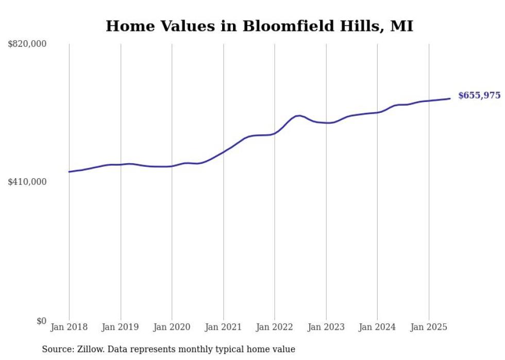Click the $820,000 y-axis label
coord(27,44)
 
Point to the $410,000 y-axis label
coord(27,182)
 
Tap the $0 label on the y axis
coord(41,321)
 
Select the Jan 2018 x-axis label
coord(69,327)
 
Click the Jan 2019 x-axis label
coord(121,327)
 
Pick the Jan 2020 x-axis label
coord(172,327)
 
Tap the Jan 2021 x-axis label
coord(223,327)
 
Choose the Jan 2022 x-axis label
coord(275,327)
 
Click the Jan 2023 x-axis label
coord(326,327)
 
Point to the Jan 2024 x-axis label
coord(377,327)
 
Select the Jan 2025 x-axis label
coord(429,327)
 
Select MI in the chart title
coord(401,26)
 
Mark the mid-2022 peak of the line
coord(298,115)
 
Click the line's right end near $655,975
coord(450,98)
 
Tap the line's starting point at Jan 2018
coord(69,172)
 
